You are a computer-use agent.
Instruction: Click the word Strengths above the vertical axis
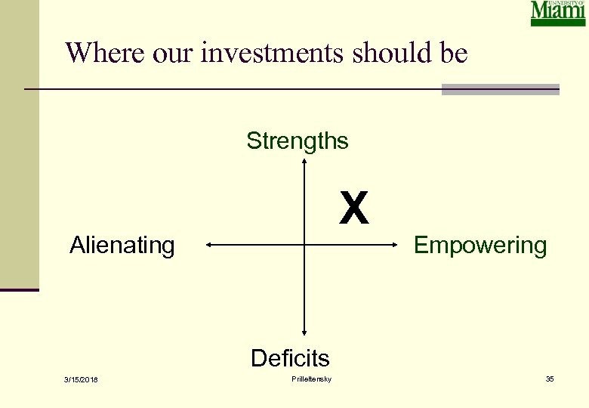tap(298, 141)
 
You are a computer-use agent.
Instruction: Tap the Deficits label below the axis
tap(290, 357)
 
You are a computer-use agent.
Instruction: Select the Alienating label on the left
tap(122, 246)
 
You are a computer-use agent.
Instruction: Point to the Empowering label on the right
tap(480, 246)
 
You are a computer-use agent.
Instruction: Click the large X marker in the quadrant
tap(353, 209)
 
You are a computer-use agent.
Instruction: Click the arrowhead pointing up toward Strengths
tap(304, 162)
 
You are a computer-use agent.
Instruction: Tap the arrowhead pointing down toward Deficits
tap(304, 331)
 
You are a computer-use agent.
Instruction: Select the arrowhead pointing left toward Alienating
tap(209, 245)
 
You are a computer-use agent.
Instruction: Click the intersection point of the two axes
tap(304, 245)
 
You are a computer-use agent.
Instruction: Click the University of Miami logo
tap(558, 14)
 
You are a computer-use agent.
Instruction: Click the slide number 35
tap(550, 379)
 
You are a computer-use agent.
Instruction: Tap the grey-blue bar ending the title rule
tap(500, 90)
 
